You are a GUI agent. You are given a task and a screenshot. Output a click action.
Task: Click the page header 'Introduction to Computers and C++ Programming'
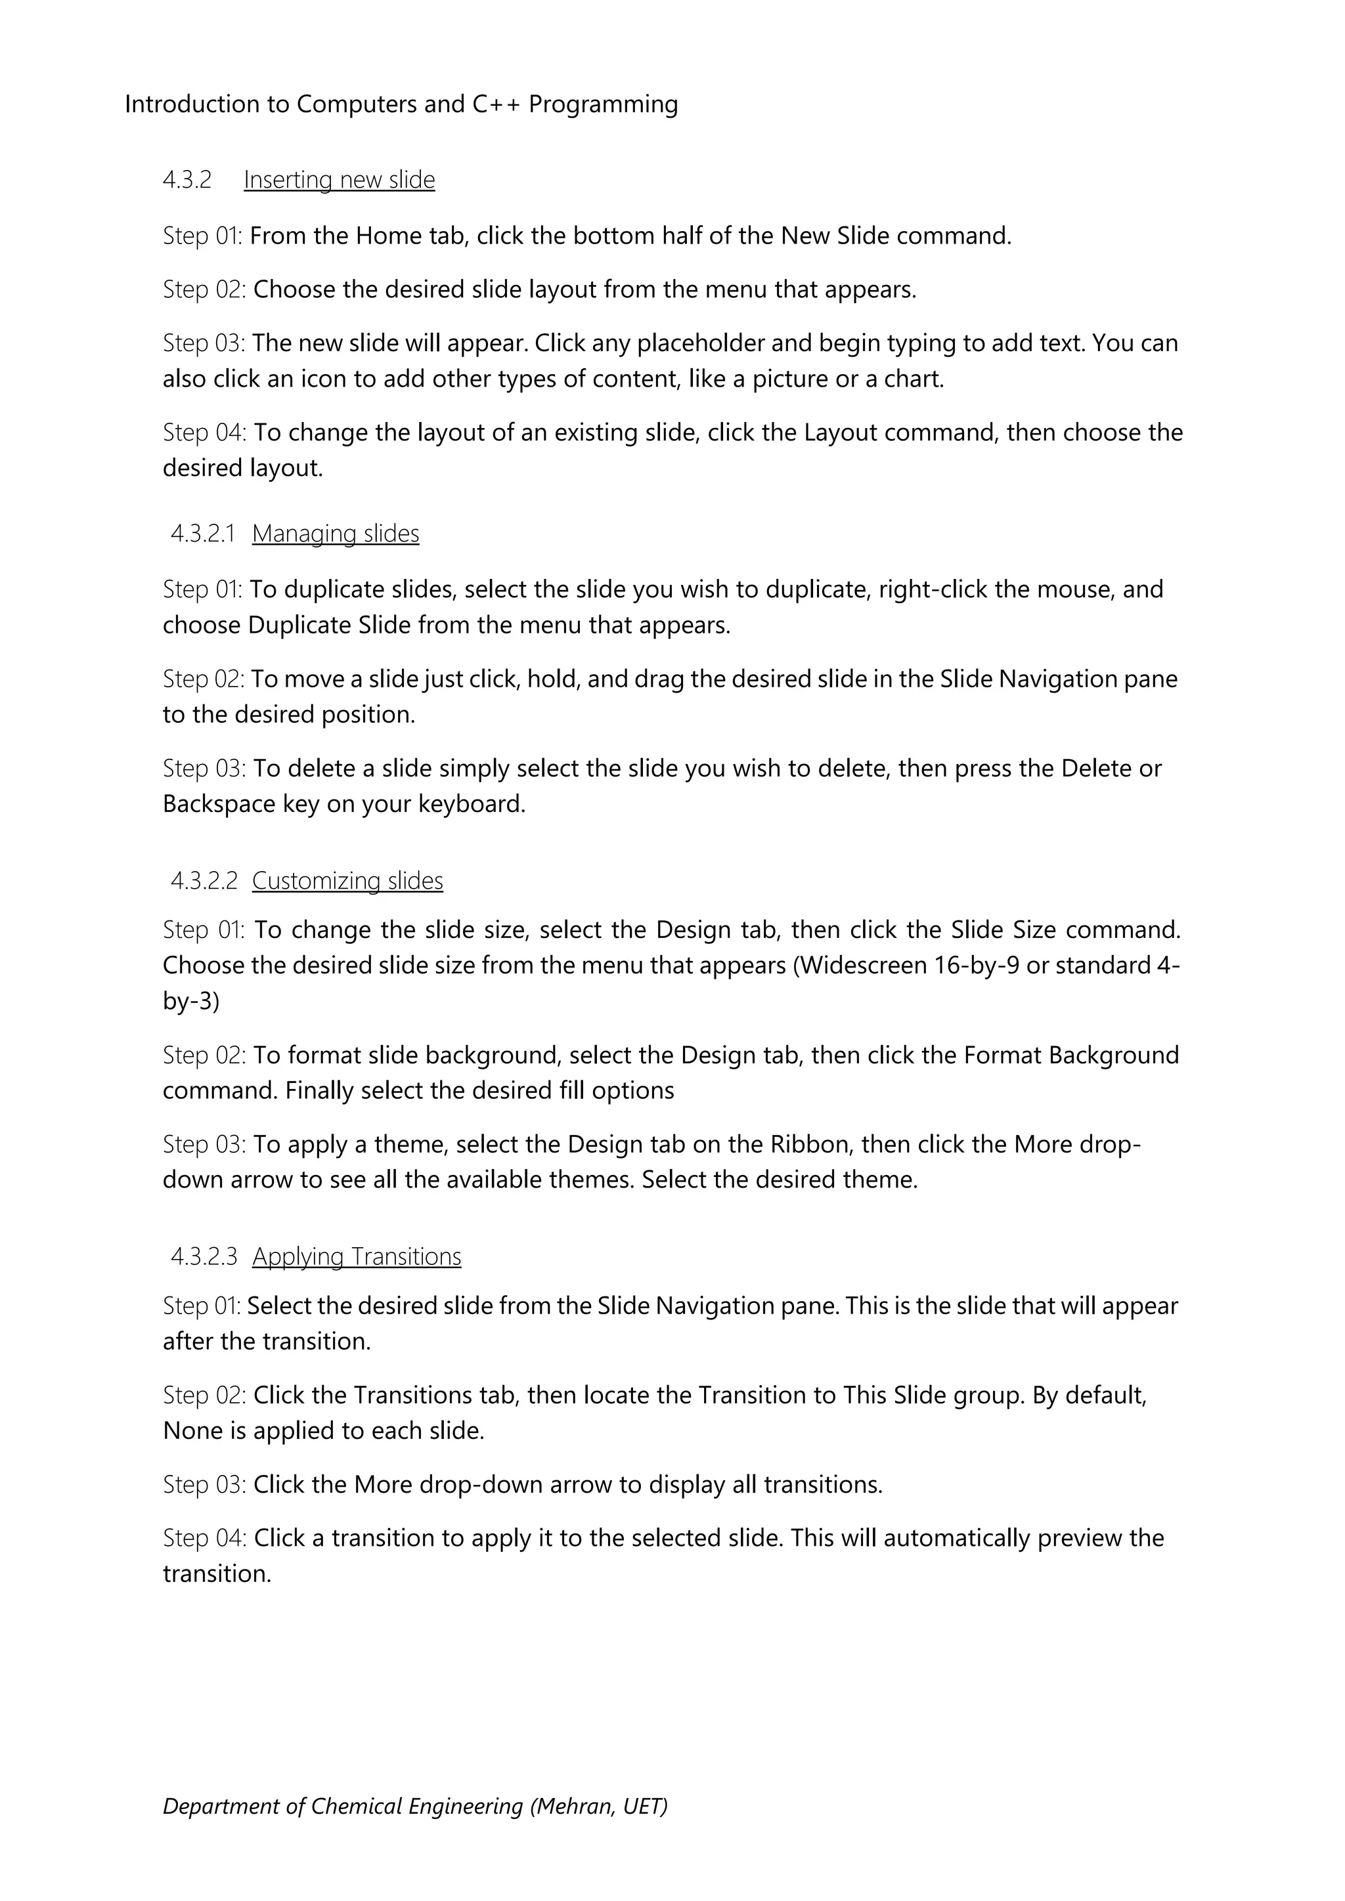pyautogui.click(x=401, y=104)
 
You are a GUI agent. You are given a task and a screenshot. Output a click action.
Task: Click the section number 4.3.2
pyautogui.click(x=187, y=180)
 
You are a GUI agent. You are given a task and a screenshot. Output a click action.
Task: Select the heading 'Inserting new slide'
pyautogui.click(x=339, y=180)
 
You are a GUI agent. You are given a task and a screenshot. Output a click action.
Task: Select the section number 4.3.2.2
pyautogui.click(x=204, y=880)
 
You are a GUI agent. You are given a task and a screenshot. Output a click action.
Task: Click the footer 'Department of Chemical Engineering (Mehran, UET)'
pyautogui.click(x=415, y=1806)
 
